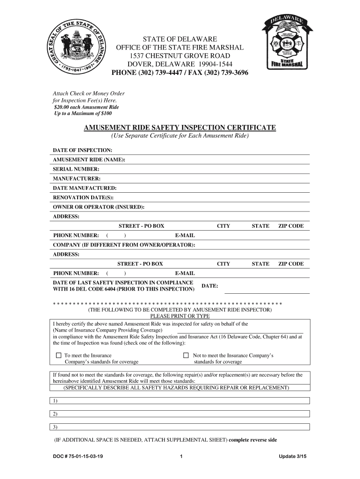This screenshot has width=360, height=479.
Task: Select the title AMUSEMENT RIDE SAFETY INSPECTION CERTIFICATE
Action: (x=180, y=128)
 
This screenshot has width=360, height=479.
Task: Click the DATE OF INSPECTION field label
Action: (x=82, y=150)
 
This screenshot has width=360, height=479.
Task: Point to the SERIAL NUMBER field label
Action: (x=76, y=169)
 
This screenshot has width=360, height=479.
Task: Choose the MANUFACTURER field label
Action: (x=77, y=179)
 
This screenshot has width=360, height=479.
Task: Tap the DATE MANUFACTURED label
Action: (x=85, y=188)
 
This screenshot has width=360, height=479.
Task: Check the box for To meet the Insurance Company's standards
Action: (x=58, y=356)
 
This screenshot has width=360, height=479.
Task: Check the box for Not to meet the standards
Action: (x=186, y=356)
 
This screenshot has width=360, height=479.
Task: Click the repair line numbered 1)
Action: (x=180, y=401)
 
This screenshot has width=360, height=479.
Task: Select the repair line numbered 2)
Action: (x=180, y=414)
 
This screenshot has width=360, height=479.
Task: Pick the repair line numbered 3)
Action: (x=180, y=427)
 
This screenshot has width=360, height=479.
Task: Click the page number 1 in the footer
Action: (x=180, y=457)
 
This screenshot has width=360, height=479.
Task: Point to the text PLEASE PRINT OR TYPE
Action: (x=180, y=316)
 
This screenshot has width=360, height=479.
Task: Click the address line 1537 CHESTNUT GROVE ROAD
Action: (x=180, y=56)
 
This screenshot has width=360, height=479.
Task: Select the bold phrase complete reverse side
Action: (x=253, y=440)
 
